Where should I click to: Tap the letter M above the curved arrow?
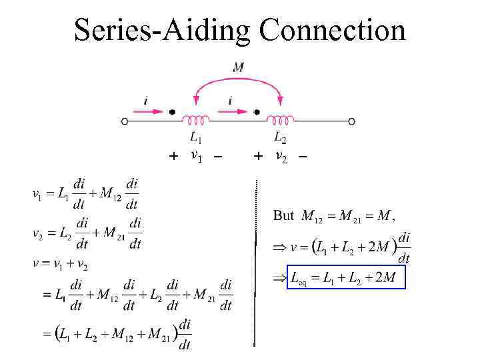click(x=239, y=67)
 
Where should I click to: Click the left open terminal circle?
click(x=125, y=121)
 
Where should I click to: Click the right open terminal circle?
click(x=351, y=121)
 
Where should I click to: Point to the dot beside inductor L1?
click(x=172, y=112)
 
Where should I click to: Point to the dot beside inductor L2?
click(x=257, y=112)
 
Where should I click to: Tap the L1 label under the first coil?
click(x=196, y=138)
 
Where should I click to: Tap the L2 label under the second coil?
click(x=281, y=138)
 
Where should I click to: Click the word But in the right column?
click(x=283, y=215)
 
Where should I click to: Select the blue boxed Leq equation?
click(x=345, y=277)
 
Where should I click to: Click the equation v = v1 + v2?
click(x=61, y=263)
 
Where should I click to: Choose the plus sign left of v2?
click(x=259, y=157)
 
